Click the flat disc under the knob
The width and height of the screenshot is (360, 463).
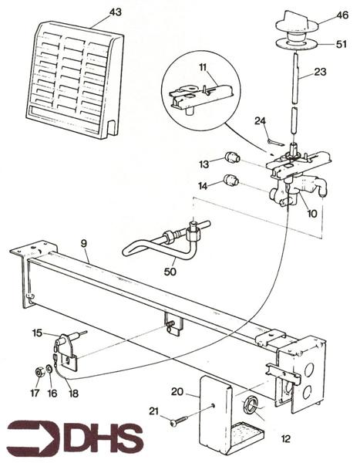pos(294,43)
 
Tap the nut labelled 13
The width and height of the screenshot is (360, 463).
pos(229,159)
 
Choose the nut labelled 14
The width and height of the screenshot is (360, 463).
pos(230,182)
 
